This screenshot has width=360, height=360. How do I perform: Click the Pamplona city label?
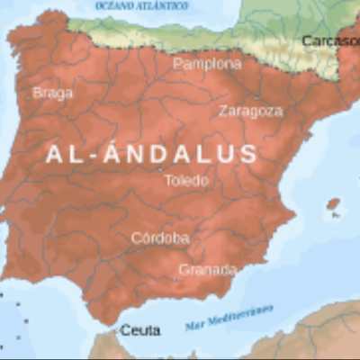pos(207,64)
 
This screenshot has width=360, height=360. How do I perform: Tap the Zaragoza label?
pos(250,111)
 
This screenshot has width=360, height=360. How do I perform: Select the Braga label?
pos(52,92)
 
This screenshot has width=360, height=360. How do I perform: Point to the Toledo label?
pos(185,180)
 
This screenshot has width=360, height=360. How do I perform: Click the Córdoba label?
pos(160,238)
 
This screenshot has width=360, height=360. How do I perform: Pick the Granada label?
pos(207,269)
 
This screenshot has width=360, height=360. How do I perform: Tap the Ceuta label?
pos(139,330)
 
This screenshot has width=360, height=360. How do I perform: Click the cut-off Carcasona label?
pos(329,40)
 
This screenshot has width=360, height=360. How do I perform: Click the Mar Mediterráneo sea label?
pos(229,317)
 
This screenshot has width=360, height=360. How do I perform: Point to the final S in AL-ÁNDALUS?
pos(249,154)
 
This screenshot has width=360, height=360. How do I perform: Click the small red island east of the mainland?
pos(334,204)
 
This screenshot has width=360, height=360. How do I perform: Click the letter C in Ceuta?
pos(125,330)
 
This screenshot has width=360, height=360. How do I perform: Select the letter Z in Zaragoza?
pos(223,111)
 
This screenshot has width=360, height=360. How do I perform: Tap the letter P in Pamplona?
pos(178,64)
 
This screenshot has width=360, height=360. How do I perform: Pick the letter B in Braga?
pos(37,92)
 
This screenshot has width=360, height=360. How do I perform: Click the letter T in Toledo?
pos(168,180)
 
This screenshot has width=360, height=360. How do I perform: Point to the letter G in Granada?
pos(184,269)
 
